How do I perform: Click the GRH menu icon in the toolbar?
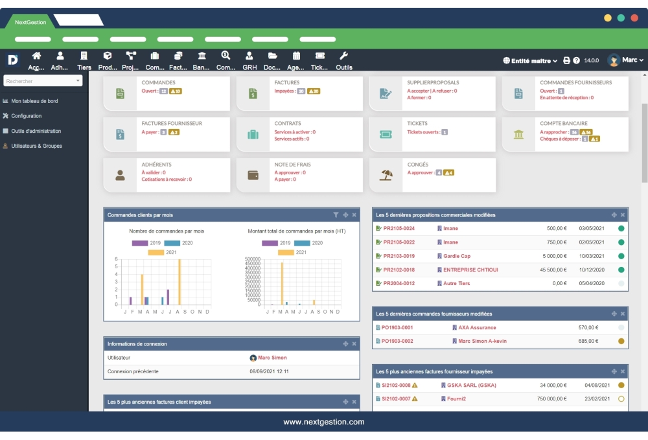point(249,56)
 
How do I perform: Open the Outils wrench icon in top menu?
point(344,56)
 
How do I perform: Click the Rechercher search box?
point(43,81)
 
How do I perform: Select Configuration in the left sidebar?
point(26,116)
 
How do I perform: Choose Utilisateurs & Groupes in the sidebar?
point(36,146)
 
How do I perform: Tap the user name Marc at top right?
point(629,60)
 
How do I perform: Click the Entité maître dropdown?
point(531,61)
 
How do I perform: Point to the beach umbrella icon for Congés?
point(386,175)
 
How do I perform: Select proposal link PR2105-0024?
point(399,228)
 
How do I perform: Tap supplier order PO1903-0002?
point(397,341)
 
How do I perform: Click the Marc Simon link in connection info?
point(272,358)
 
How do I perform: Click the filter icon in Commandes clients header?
point(336,214)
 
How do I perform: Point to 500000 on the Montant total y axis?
point(252,259)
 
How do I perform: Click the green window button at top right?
point(621,18)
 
